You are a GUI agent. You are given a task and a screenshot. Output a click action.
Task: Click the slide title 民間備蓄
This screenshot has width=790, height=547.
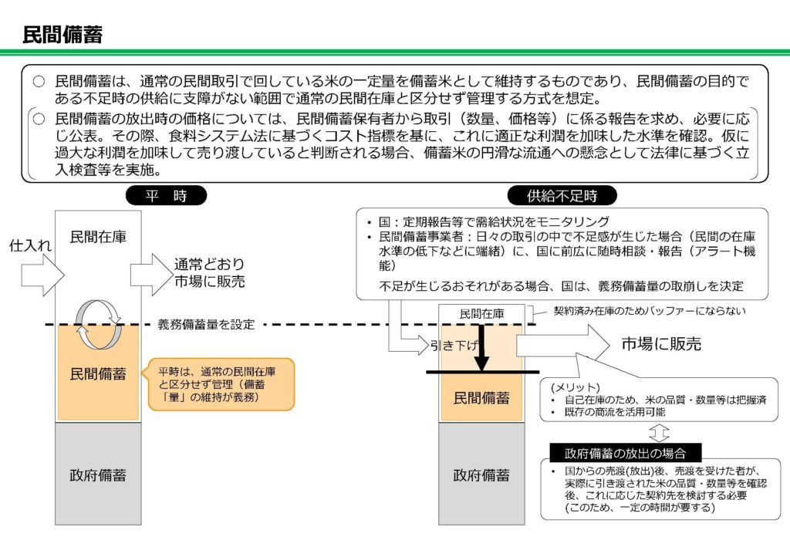[x=62, y=34]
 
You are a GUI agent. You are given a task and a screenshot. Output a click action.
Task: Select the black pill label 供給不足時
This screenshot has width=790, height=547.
[x=551, y=196]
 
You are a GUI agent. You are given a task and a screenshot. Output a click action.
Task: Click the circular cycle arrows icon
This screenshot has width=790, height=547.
[x=98, y=325]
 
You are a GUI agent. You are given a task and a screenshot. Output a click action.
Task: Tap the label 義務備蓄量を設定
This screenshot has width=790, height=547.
[x=205, y=325]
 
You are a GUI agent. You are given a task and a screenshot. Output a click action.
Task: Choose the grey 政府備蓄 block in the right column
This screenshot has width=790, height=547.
[x=481, y=474]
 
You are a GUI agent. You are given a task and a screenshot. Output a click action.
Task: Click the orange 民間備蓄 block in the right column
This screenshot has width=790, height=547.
[x=481, y=398]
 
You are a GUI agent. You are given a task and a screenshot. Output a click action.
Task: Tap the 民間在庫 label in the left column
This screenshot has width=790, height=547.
[x=98, y=236]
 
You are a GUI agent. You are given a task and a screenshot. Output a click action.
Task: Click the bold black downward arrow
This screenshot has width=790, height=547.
[x=481, y=347]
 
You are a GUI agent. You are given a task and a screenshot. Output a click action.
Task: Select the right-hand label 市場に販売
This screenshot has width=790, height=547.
[x=661, y=345]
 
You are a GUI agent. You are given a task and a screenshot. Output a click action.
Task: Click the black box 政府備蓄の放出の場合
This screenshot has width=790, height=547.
[x=625, y=452]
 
